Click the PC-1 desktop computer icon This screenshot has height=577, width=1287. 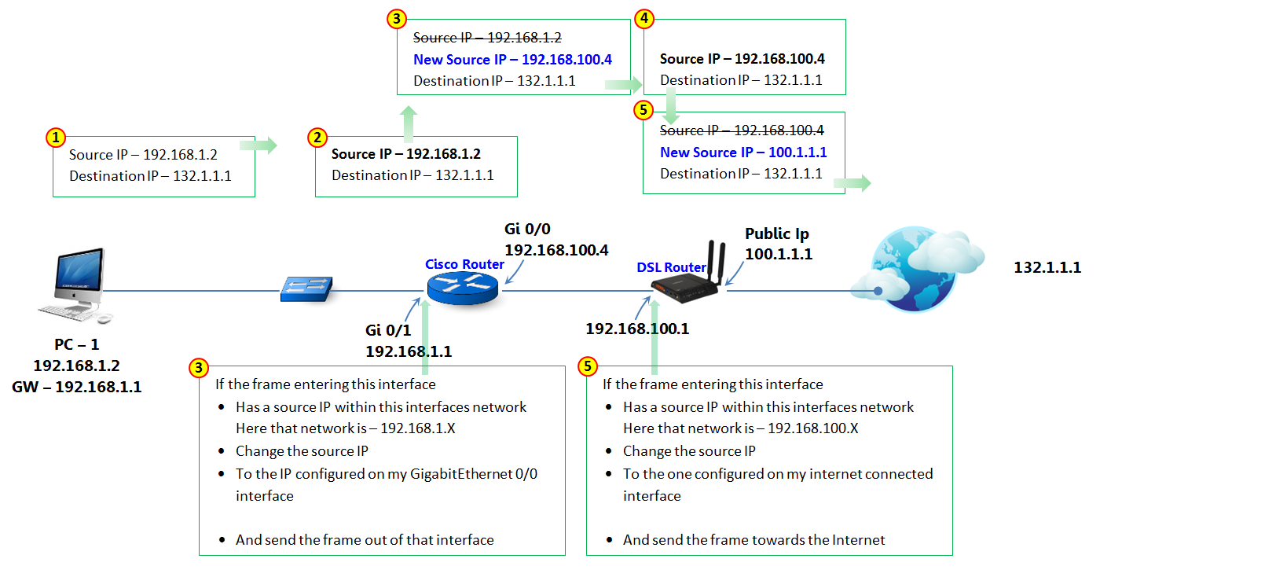(76, 285)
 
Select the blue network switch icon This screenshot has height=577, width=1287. (306, 289)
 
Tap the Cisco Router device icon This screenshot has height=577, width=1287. (463, 290)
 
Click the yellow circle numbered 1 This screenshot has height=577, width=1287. (55, 138)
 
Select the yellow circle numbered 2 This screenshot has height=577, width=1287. (317, 138)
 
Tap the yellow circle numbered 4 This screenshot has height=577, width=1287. (644, 18)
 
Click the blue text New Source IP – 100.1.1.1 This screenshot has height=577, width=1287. (742, 153)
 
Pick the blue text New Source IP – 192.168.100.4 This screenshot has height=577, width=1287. (512, 60)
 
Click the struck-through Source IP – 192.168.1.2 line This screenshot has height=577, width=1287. (487, 38)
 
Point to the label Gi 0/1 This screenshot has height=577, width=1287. (388, 331)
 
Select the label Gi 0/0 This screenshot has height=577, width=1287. (527, 229)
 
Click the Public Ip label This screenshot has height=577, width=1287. (776, 233)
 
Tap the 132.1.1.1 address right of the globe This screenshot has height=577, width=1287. (1047, 268)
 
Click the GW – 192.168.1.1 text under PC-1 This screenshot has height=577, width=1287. (77, 387)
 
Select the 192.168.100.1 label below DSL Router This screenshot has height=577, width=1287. (636, 329)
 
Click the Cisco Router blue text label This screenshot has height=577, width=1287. (464, 264)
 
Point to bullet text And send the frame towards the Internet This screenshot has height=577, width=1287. (753, 540)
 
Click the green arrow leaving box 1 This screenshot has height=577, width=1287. (258, 145)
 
